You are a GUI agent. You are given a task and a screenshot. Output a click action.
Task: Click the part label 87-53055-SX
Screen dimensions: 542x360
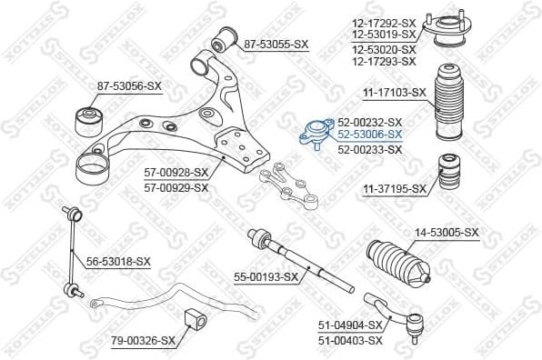[276, 43]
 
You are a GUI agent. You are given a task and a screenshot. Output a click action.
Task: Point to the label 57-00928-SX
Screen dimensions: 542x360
[176, 172]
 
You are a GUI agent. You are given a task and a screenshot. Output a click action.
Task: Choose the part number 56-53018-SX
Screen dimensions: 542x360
[118, 261]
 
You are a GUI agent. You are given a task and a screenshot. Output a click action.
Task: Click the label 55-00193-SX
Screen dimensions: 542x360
[266, 275]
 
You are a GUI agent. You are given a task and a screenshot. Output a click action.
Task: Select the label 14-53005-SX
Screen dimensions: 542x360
[447, 233]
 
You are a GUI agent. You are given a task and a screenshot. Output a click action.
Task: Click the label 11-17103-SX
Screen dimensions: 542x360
[395, 92]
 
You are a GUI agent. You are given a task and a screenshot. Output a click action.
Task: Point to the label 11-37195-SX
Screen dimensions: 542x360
[395, 188]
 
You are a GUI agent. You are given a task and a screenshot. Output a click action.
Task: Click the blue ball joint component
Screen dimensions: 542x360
[314, 134]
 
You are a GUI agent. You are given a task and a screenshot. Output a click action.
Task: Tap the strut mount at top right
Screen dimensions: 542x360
[449, 30]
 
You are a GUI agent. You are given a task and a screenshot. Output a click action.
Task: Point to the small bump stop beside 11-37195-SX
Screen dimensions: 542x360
[447, 174]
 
